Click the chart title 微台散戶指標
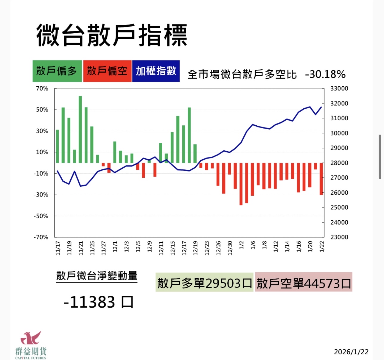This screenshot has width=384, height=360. (112, 35)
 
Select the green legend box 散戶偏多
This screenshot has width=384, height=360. (57, 71)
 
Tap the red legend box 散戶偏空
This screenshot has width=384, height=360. (107, 71)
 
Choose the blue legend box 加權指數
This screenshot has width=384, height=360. (156, 71)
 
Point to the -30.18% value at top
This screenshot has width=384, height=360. (325, 74)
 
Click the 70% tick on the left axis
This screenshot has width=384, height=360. (42, 88)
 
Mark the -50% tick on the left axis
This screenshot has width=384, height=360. (41, 216)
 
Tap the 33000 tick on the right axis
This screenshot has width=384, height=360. (339, 88)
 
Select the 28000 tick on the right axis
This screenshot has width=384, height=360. (339, 163)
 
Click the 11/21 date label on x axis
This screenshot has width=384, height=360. (81, 248)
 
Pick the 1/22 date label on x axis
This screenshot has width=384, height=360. (322, 247)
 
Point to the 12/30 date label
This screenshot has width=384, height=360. (230, 248)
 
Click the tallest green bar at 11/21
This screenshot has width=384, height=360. (80, 129)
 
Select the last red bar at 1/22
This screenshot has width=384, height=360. (321, 179)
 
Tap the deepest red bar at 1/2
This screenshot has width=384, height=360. (241, 184)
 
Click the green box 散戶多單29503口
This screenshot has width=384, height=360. (204, 283)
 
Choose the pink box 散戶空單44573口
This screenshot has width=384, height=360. (304, 283)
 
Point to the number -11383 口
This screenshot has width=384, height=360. (98, 302)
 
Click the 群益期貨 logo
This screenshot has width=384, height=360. (31, 345)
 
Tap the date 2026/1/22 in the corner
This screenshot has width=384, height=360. (351, 352)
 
